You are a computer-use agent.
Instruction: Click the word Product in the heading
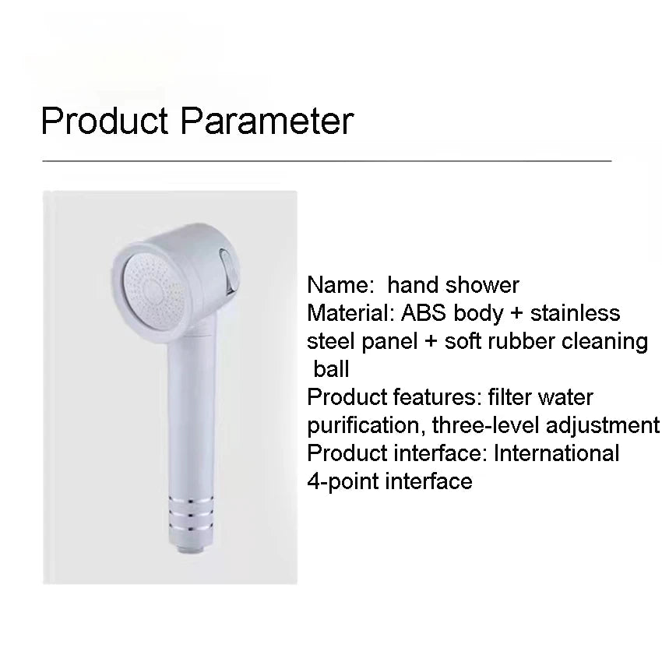coord(104,121)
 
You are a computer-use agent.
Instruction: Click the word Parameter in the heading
coord(267,121)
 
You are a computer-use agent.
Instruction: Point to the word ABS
coord(424,313)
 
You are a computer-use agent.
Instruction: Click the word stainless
coord(575,313)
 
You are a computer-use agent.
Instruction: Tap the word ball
coord(332,369)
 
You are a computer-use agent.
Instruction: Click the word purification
coord(367,425)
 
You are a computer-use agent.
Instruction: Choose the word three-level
coord(485,425)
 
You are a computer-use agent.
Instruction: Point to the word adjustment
coord(603,425)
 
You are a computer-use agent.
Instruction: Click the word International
coord(556,453)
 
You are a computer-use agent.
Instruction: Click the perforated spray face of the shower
coord(154,291)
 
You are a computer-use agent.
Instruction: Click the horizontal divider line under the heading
coord(327,161)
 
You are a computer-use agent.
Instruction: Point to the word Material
coord(350,313)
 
